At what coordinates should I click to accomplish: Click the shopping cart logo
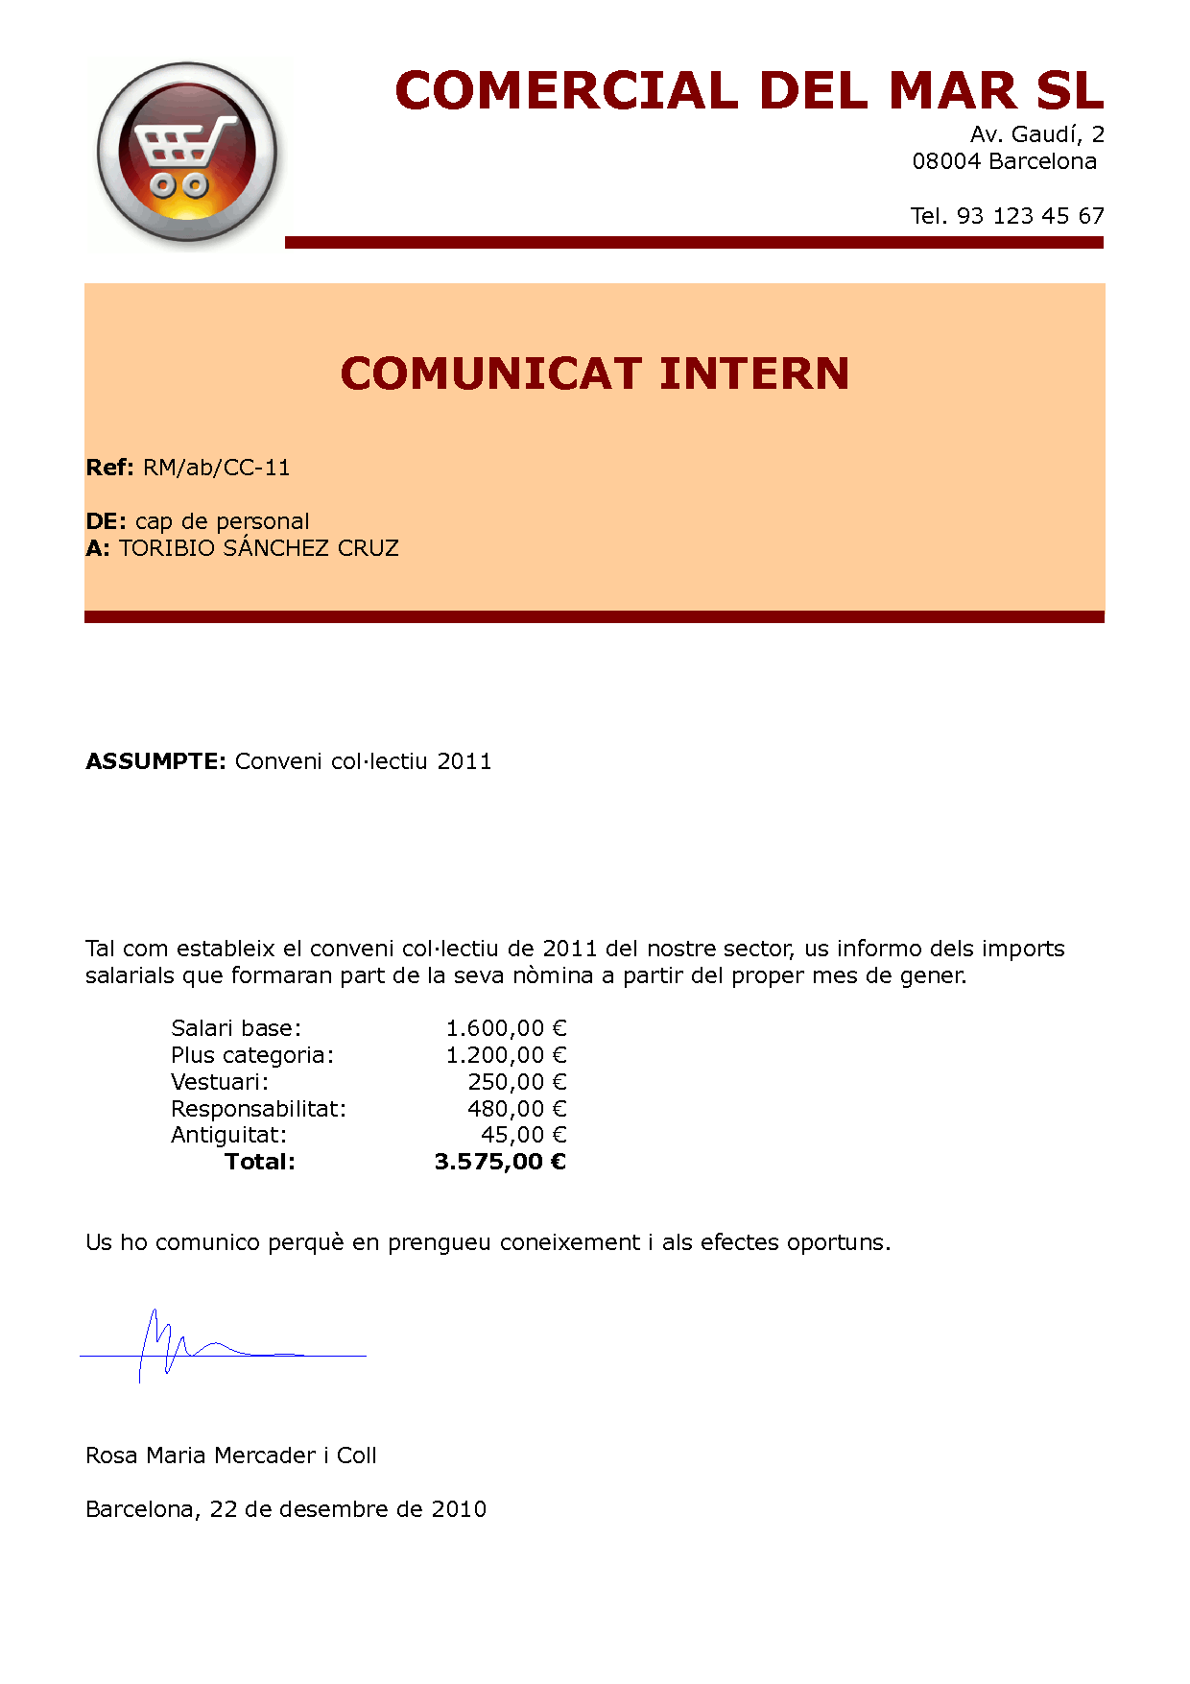coord(187,154)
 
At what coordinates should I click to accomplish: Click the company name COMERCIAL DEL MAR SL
coord(749,91)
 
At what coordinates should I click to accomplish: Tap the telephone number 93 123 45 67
coord(1030,216)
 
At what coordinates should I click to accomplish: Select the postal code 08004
coord(946,161)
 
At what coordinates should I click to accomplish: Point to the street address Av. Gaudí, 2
coord(1036,134)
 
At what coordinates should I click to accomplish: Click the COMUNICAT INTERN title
coord(595,373)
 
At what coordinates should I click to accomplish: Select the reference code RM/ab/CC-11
coord(216,468)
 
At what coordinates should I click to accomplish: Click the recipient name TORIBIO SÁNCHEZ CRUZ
coord(259,548)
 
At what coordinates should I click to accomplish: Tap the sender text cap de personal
coord(222,521)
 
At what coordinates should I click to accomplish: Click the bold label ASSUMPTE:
coord(155,761)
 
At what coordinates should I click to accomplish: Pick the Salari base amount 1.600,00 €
coord(506,1028)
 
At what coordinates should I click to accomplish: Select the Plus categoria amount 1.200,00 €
coord(506,1055)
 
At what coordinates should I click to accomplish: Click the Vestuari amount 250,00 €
coord(517,1082)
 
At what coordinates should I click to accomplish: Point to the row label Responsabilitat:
coord(258,1109)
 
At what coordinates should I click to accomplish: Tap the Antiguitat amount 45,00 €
coord(523,1135)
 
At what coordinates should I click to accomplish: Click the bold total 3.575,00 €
coord(500,1162)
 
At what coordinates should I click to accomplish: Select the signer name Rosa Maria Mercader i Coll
coord(231,1455)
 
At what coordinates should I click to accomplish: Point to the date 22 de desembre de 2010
coord(347,1509)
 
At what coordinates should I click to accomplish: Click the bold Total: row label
coord(260,1162)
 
